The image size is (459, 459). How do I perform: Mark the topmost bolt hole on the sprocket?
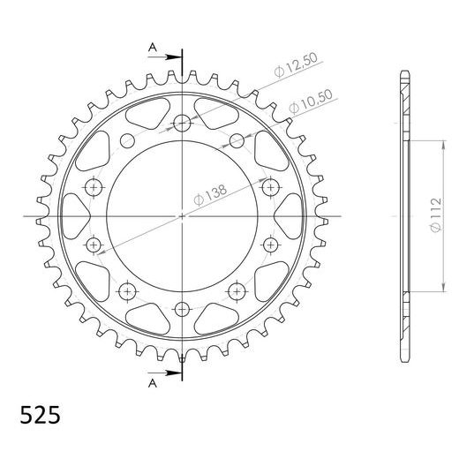click(182, 123)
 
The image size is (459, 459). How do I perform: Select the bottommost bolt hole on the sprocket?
click(182, 309)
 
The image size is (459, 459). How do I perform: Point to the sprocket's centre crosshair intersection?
click(182, 216)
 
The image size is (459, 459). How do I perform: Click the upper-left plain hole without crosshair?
click(125, 139)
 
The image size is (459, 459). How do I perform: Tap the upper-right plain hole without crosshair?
click(238, 139)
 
